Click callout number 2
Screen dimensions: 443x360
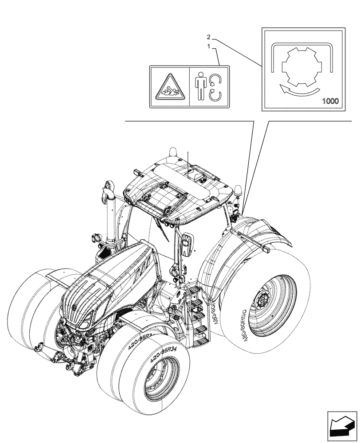208,37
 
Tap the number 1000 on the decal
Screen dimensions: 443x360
329,101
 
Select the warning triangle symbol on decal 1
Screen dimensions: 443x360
169,87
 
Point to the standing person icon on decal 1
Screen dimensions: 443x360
200,87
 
